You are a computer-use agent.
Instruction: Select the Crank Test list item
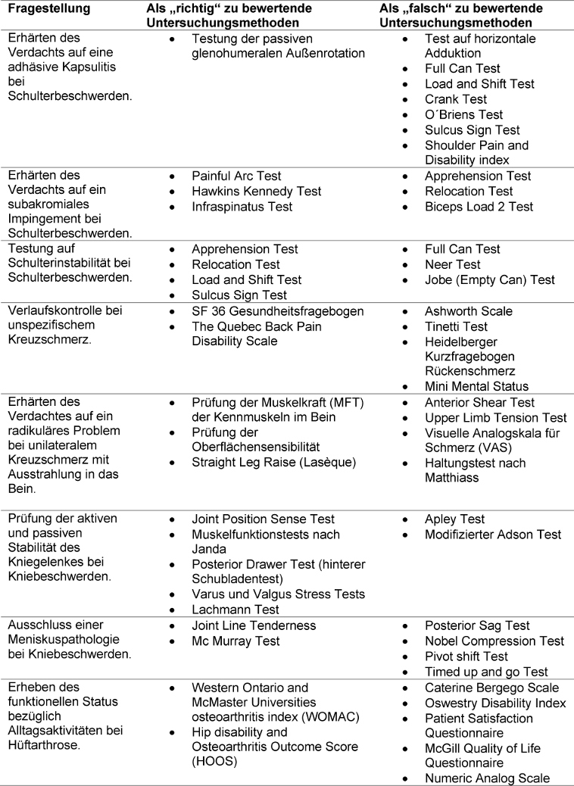pos(456,99)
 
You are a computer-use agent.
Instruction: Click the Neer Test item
pos(453,264)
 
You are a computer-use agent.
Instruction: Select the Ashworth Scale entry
pos(469,311)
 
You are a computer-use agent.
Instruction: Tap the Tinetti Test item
pos(457,326)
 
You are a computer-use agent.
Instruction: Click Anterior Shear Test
pos(479,403)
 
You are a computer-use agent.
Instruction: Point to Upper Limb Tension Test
pos(495,418)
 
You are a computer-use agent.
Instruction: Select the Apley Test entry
pos(455,519)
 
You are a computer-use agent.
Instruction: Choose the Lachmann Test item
pos(236,610)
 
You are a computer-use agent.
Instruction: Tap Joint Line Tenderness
pos(254,626)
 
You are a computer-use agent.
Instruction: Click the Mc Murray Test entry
pos(236,641)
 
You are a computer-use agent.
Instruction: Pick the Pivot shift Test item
pos(466,657)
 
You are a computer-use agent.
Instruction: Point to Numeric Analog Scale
pos(487,779)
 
